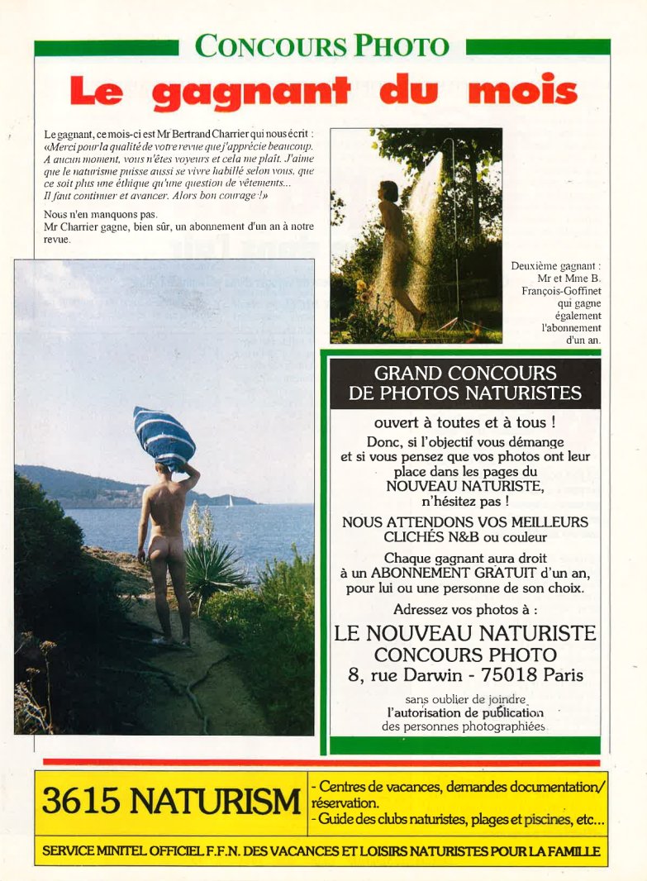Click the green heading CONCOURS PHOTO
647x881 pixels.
click(322, 46)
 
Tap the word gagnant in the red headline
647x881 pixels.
click(252, 91)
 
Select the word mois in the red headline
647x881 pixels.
click(522, 90)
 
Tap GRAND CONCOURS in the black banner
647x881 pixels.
click(465, 374)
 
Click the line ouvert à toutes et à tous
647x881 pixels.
click(464, 422)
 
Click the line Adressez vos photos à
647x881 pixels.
click(465, 610)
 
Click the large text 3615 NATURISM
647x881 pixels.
click(171, 801)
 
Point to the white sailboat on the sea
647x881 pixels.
click(230, 501)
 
